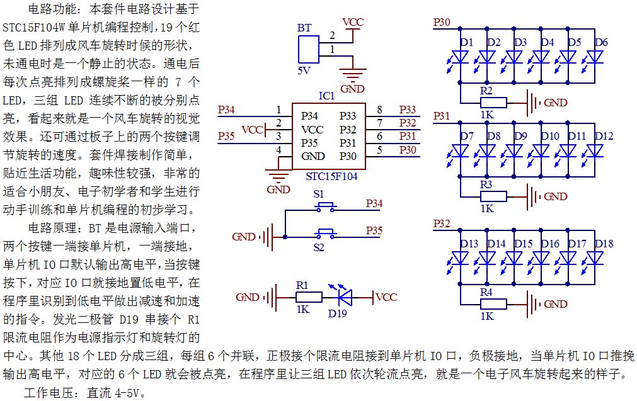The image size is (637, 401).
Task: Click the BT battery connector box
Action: (x=309, y=49)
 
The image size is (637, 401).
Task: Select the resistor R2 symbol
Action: (x=493, y=103)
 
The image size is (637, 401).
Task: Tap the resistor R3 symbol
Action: (x=493, y=196)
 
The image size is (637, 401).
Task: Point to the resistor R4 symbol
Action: (x=493, y=304)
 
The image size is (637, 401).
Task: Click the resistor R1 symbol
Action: (x=309, y=298)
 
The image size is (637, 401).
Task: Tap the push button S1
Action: (x=326, y=208)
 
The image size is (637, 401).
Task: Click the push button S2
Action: (x=326, y=234)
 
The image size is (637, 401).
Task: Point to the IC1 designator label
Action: (x=326, y=96)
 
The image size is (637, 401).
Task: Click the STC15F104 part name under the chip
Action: (x=331, y=176)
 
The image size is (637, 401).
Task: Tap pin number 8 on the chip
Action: (x=379, y=110)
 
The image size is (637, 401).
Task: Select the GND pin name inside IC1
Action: (x=313, y=156)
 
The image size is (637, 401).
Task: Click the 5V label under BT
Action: (x=304, y=71)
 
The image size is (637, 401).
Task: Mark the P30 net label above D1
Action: (x=442, y=22)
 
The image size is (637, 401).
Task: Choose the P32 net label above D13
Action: (x=442, y=223)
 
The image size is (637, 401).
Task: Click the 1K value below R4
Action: (x=487, y=316)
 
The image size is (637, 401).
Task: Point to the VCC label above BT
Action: (x=353, y=22)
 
